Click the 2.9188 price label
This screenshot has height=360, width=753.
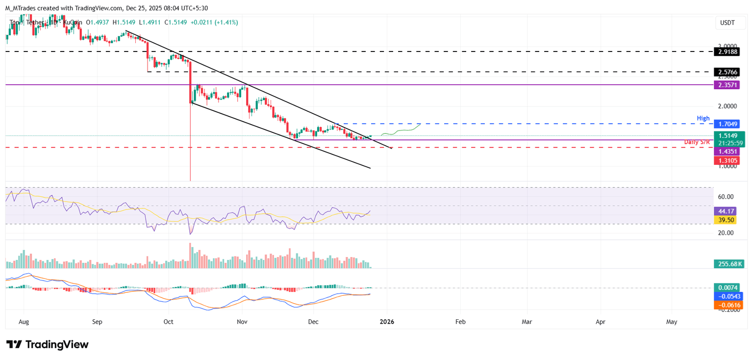pos(728,51)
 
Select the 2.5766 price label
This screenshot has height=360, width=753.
pos(728,72)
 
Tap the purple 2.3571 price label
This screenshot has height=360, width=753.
pos(728,85)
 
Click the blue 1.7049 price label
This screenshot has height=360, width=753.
pos(728,124)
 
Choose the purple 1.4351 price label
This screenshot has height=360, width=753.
pos(728,152)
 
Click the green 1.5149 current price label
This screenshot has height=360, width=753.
pos(728,135)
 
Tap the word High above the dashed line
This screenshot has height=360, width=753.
pos(703,119)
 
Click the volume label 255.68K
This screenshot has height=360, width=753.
pos(728,264)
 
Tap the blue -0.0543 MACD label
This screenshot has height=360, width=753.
pos(728,297)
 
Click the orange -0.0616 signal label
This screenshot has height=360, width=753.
pos(728,305)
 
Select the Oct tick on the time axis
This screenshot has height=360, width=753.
pos(169,322)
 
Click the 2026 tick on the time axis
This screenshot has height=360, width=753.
pos(387,322)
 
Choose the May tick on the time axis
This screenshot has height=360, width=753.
pos(672,322)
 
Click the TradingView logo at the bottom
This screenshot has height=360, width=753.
pos(48,344)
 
